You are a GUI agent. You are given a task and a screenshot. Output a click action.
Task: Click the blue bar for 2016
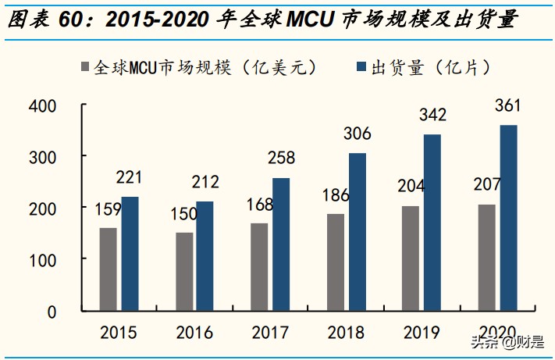[x=205, y=255]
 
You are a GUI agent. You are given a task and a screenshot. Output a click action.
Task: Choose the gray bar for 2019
[x=411, y=257]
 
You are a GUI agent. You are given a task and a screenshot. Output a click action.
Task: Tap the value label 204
[x=411, y=188]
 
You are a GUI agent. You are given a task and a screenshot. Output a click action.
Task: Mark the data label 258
[x=280, y=159]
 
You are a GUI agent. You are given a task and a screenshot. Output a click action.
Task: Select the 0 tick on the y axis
[x=52, y=311]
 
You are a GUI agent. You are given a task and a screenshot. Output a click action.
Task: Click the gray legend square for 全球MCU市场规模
[x=84, y=68]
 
